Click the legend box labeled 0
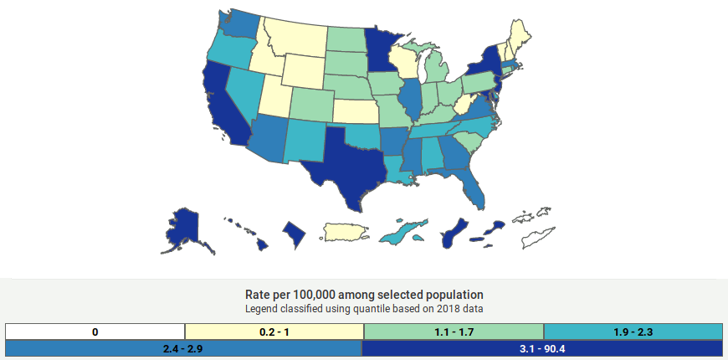(95, 332)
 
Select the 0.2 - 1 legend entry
(274, 332)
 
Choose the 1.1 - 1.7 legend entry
(454, 332)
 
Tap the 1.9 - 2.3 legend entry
(633, 332)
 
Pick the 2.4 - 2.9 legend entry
(184, 348)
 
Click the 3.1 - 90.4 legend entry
(542, 348)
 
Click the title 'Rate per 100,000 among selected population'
(364, 295)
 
